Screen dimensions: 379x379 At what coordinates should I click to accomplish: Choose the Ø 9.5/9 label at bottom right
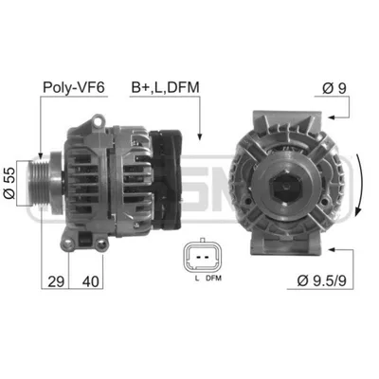pyautogui.click(x=326, y=282)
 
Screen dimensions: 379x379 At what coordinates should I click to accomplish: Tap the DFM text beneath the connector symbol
pyautogui.click(x=213, y=278)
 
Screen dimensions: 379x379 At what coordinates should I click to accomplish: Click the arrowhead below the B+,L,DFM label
pyautogui.click(x=200, y=135)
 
